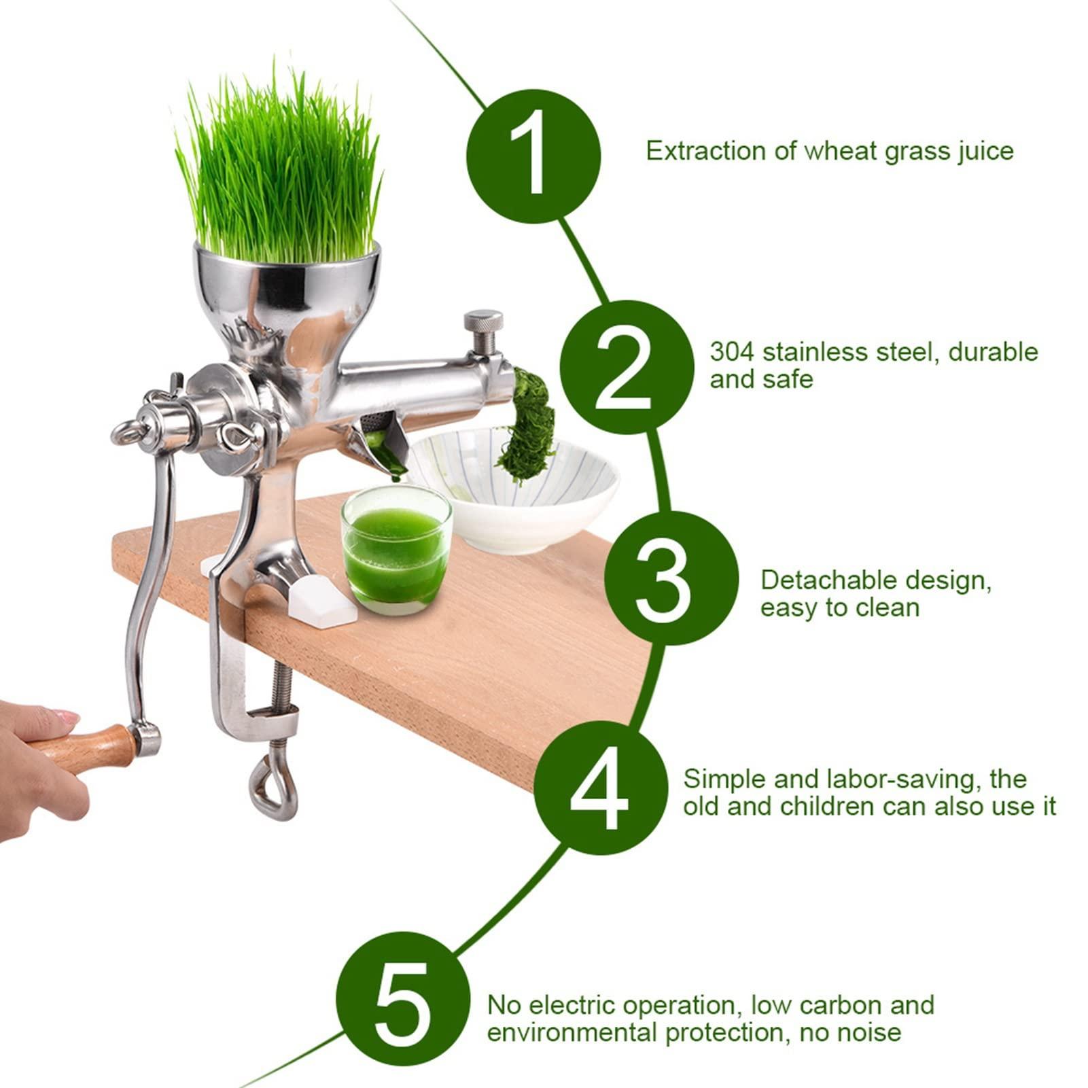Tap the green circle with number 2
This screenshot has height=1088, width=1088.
coord(626,368)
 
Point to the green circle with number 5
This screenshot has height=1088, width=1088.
coord(402,998)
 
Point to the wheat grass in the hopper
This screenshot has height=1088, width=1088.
coord(279,170)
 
